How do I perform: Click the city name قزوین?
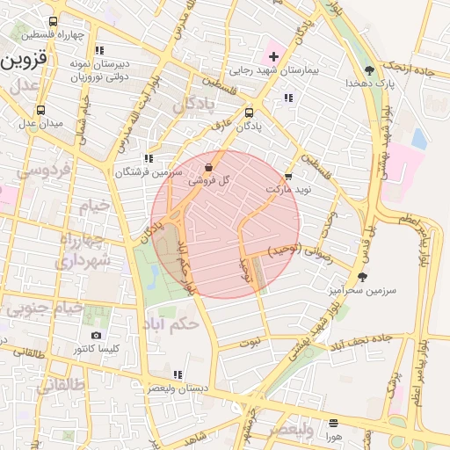(27, 62)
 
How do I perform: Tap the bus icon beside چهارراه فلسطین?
(54, 22)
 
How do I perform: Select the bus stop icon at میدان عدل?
(40, 111)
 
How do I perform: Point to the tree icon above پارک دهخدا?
(369, 69)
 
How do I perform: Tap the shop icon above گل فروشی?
(208, 167)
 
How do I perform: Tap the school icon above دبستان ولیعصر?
(178, 374)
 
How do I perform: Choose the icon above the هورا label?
(333, 423)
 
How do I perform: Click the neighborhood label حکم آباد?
(176, 323)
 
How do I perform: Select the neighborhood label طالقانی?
(35, 383)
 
